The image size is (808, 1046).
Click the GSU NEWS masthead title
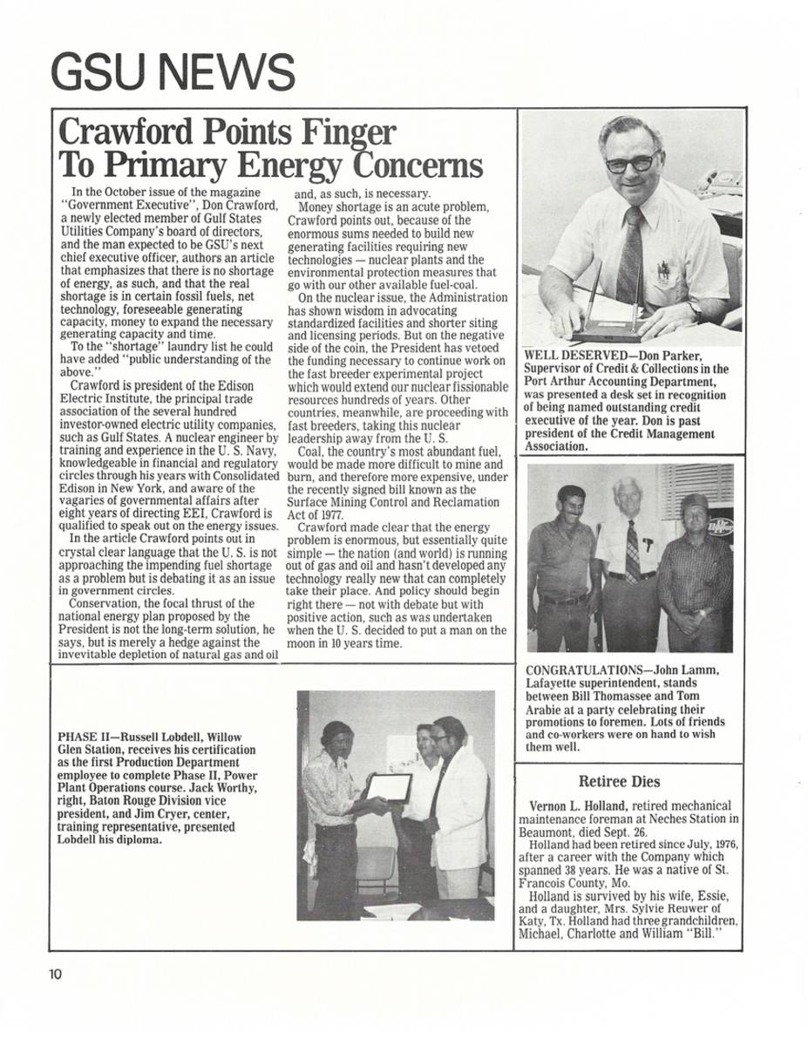point(173,72)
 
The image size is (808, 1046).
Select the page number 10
point(56,975)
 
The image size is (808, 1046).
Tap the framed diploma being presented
point(389,787)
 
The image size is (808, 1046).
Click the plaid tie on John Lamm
point(633,551)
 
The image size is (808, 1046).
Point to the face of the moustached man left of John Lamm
point(571,505)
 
